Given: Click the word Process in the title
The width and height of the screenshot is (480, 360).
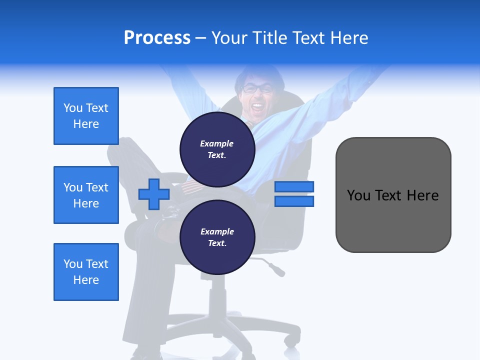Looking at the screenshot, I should pos(157,38).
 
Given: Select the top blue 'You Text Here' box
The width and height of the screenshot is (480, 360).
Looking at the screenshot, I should pos(86,116).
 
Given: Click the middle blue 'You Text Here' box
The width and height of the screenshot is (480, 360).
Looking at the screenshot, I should pos(86,195).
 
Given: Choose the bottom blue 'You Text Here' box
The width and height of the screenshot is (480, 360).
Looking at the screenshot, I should pos(86,272).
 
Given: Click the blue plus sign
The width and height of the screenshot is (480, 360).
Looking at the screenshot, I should pos(154,194).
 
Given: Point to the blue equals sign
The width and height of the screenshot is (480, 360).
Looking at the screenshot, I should pos(294,194).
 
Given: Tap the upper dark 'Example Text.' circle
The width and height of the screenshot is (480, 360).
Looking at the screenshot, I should pos(217,149).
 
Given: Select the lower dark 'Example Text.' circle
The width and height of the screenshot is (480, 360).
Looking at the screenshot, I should pos(217,237).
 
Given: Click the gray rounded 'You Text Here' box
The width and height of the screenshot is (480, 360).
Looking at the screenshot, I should pos(393,195).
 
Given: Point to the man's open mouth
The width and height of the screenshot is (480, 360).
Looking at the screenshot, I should pos(257,106).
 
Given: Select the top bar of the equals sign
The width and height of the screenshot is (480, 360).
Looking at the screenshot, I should pos(294,186).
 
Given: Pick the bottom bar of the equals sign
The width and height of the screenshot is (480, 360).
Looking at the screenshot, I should pos(294,201).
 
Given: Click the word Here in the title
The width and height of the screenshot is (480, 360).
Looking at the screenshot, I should pos(349,38).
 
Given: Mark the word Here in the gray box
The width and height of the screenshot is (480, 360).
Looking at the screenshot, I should pos(422,195).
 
